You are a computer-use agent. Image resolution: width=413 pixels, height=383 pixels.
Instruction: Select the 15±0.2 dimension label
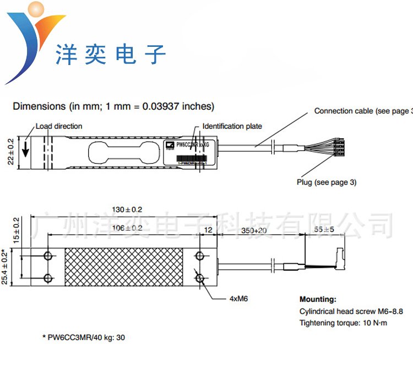click(16, 230)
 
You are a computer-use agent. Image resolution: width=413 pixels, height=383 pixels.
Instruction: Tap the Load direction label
click(59, 126)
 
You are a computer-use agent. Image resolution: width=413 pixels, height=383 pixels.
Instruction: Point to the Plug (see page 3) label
click(326, 182)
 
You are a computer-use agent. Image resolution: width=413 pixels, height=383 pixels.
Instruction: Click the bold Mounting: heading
click(318, 299)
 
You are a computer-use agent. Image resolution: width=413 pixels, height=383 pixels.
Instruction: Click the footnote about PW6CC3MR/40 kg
click(84, 337)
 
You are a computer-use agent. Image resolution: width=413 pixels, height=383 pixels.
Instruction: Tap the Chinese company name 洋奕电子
click(111, 55)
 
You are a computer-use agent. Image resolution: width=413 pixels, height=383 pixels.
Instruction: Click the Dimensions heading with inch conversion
click(113, 106)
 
